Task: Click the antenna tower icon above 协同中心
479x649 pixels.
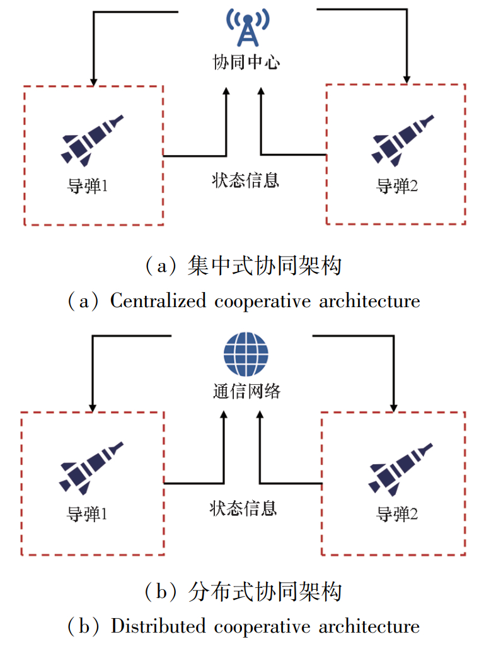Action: [246, 28]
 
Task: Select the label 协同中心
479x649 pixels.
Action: [246, 62]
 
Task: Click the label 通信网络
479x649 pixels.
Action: [246, 390]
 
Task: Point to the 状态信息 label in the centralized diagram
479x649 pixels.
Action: [245, 181]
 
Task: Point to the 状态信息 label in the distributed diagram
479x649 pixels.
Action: [243, 508]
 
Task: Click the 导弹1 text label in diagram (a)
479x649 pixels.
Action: [89, 187]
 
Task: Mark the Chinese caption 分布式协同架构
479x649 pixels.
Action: [265, 592]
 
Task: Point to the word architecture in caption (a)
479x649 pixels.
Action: [369, 301]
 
